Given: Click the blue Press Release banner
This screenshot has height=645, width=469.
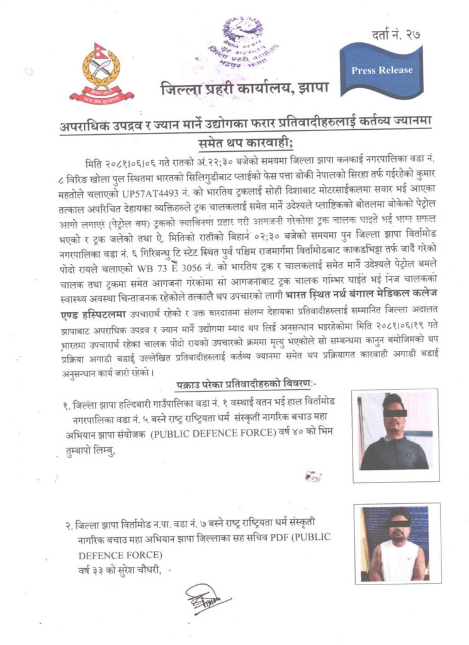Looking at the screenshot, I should (x=381, y=69).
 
